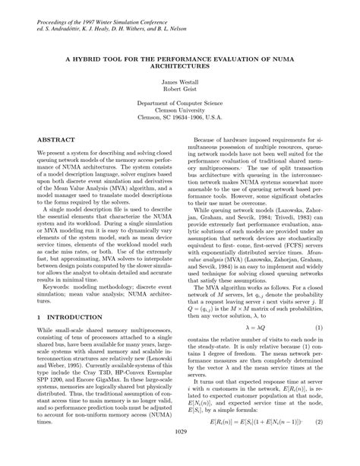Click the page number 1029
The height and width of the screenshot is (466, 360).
pos(180,454)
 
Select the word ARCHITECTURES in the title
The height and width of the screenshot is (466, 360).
pos(179,65)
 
